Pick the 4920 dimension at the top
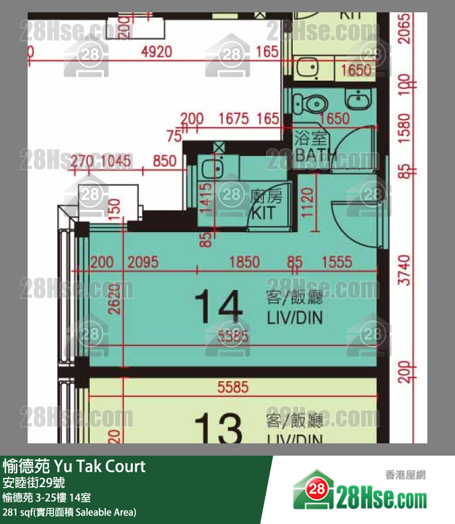tap(156, 52)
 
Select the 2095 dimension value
tap(143, 263)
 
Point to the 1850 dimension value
tap(244, 263)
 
